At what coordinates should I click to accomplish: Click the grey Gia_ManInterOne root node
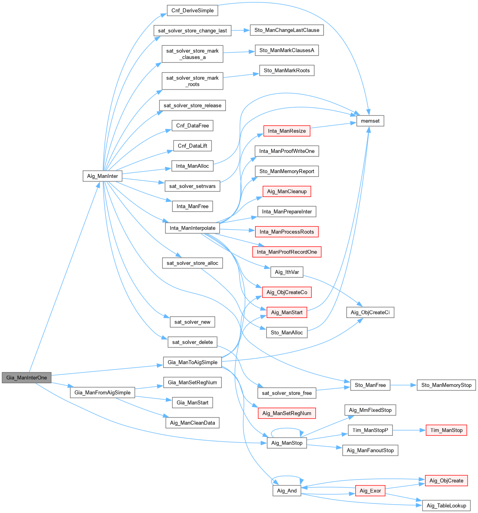click(x=27, y=378)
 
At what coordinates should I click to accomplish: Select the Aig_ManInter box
click(x=103, y=176)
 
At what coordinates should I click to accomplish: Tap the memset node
click(x=370, y=121)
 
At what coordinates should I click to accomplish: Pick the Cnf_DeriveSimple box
click(x=192, y=10)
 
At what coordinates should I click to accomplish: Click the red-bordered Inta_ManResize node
click(x=287, y=131)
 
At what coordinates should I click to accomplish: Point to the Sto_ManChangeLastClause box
click(x=287, y=30)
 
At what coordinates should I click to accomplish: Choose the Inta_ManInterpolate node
click(x=192, y=228)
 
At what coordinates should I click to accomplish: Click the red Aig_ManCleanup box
click(x=287, y=191)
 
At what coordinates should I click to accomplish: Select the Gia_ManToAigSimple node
click(x=192, y=362)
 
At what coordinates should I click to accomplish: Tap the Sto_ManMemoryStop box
click(x=446, y=385)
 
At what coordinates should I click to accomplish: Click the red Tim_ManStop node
click(x=446, y=430)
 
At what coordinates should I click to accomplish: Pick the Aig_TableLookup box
click(x=446, y=505)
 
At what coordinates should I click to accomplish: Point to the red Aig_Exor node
click(x=370, y=491)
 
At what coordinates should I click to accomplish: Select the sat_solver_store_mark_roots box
click(x=192, y=81)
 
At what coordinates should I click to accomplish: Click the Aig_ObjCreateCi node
click(x=370, y=312)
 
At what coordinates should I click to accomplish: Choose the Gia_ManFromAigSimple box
click(x=103, y=392)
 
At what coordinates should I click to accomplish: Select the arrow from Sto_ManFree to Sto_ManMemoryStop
click(x=403, y=385)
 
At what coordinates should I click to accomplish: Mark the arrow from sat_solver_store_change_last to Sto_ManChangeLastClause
click(x=240, y=30)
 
